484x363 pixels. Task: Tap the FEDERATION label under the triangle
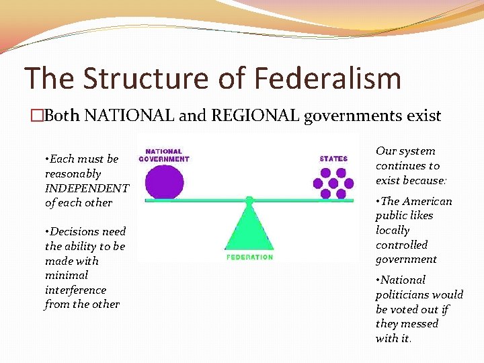[249, 257]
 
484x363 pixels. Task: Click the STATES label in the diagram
[333, 159]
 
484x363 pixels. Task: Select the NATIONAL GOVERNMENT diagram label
[164, 155]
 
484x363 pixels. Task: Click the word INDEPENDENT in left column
[87, 188]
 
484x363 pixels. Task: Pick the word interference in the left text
[75, 290]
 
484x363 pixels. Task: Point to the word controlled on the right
[401, 245]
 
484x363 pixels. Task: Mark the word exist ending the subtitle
[424, 116]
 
